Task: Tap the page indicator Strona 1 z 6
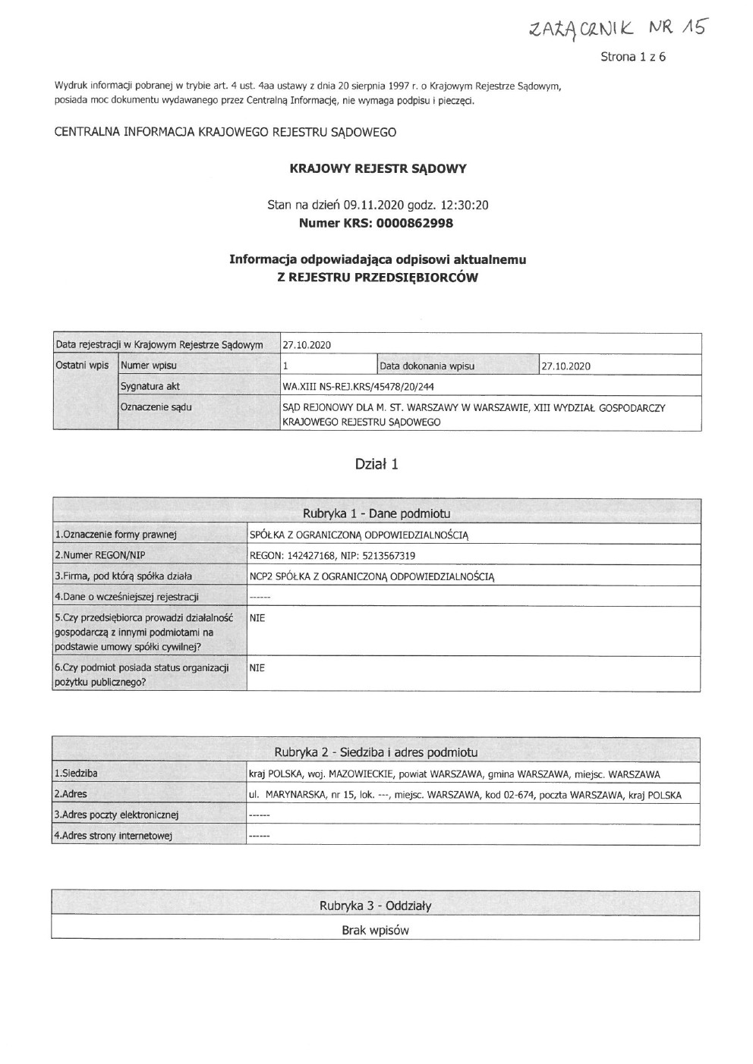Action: [632, 57]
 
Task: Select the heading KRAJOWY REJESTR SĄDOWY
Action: [378, 168]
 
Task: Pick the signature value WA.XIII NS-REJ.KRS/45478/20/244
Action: [358, 386]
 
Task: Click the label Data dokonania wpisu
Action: [427, 366]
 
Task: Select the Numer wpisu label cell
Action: [149, 366]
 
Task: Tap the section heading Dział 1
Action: [376, 464]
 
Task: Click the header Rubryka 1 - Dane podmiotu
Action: [376, 513]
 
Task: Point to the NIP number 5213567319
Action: [388, 555]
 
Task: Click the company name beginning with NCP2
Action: [372, 576]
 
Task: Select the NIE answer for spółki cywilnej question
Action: [257, 618]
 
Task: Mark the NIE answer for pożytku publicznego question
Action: [257, 668]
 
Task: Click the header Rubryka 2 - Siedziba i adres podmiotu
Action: [376, 752]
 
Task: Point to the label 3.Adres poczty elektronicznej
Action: [115, 814]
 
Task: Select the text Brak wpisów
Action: [375, 930]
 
